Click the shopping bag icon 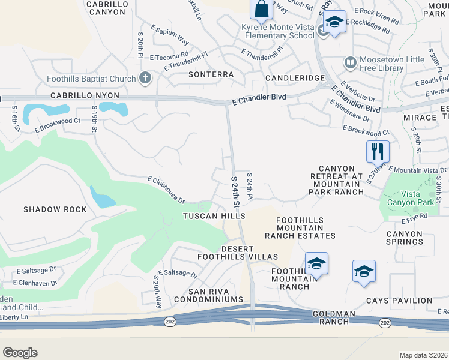(261, 9)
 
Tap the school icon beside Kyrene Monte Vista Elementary (334, 23)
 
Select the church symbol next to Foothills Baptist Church (145, 78)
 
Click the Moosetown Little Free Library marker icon (349, 62)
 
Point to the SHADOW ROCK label (55, 209)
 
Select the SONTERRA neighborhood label (211, 75)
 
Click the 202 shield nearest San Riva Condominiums (169, 322)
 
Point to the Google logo (20, 353)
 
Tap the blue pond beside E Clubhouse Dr (101, 197)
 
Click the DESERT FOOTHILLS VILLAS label (241, 253)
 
